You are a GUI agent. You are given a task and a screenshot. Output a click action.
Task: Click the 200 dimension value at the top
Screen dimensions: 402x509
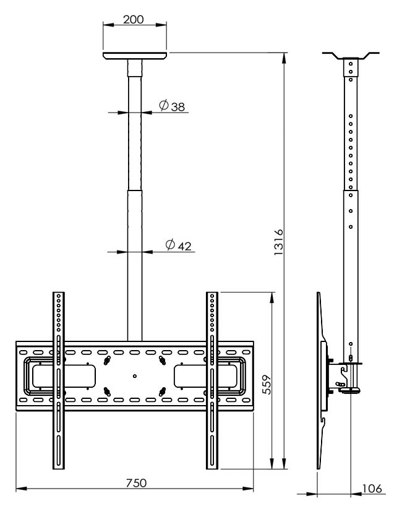click(133, 19)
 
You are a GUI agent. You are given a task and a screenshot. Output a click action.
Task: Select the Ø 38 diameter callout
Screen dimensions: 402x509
click(172, 106)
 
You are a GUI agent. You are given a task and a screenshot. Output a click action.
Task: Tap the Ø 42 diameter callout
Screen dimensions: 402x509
click(178, 245)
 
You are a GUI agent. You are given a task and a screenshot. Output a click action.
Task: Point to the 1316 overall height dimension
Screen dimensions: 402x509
click(278, 242)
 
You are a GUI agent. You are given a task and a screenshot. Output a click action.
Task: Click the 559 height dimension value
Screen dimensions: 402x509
click(267, 385)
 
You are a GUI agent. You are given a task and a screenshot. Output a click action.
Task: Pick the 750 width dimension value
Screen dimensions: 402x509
click(137, 482)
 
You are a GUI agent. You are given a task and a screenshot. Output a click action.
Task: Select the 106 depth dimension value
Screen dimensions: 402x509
click(372, 489)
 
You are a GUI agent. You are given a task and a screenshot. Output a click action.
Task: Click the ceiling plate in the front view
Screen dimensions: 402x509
click(135, 56)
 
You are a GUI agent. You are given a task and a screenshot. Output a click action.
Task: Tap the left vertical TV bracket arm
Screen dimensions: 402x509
click(59, 380)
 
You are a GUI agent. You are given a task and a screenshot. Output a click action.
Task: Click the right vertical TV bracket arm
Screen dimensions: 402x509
click(212, 380)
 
